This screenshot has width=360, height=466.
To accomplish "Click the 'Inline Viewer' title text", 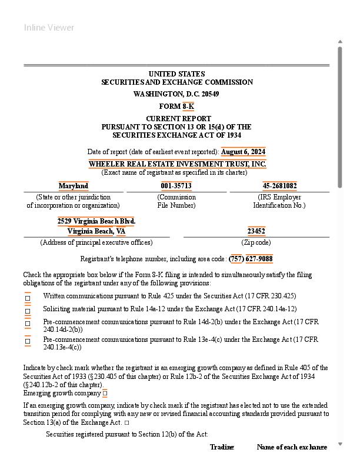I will (x=49, y=28).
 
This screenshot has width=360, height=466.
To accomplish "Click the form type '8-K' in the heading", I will (x=188, y=106).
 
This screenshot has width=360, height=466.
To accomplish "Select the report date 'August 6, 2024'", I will (x=243, y=152).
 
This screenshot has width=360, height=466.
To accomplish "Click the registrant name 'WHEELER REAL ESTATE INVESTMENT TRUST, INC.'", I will (x=177, y=164).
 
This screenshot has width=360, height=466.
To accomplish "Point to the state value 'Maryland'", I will (x=74, y=186).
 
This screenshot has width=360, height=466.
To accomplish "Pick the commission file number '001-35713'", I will (x=176, y=186).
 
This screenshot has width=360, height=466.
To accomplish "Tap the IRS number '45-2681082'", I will (x=279, y=186).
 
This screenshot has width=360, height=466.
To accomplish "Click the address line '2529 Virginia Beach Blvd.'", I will (x=96, y=221).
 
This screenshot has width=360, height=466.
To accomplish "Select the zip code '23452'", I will (x=256, y=231).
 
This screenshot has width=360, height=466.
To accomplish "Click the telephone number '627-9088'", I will (x=259, y=259).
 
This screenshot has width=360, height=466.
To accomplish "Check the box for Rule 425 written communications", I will (x=28, y=298).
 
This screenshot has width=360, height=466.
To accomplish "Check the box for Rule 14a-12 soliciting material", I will (x=28, y=311).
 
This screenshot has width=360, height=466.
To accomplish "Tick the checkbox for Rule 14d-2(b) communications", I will (x=28, y=323).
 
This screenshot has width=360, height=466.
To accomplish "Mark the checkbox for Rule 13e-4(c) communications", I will (x=28, y=341).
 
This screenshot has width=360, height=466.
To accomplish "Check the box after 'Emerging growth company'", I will (x=105, y=394).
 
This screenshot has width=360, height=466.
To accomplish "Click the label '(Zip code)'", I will (x=256, y=242).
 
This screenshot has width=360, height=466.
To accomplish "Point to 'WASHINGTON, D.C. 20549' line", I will (x=176, y=94).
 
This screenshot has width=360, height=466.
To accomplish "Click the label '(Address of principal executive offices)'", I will (x=96, y=242).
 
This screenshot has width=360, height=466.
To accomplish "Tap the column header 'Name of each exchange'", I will (x=292, y=447).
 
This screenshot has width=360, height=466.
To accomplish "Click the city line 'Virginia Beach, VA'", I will (x=96, y=231).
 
